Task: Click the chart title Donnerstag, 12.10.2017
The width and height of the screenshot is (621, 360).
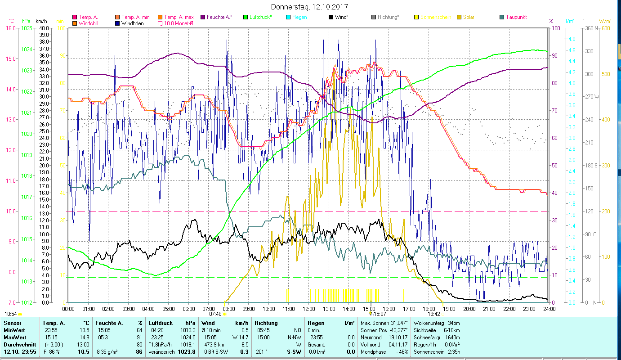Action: coord(310,7)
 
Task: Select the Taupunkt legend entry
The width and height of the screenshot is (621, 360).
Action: coord(516,17)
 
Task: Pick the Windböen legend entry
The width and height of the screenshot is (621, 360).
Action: coord(133,23)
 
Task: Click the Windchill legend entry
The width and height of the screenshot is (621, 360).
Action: coord(89,23)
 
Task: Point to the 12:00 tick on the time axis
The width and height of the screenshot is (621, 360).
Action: coord(309,309)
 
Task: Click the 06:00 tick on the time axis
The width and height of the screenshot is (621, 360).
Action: coord(188,309)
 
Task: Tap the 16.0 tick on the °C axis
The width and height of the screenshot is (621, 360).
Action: coord(10,28)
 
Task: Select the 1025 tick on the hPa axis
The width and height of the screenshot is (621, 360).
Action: coord(26,28)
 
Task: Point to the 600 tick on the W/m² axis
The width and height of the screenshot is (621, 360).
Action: coord(606,28)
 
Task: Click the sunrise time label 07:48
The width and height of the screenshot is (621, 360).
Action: coord(215,314)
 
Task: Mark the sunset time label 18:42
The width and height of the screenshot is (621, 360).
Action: coord(433,314)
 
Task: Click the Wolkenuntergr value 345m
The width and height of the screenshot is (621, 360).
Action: coord(454,323)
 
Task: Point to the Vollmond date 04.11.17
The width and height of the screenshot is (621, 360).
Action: coord(398,344)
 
